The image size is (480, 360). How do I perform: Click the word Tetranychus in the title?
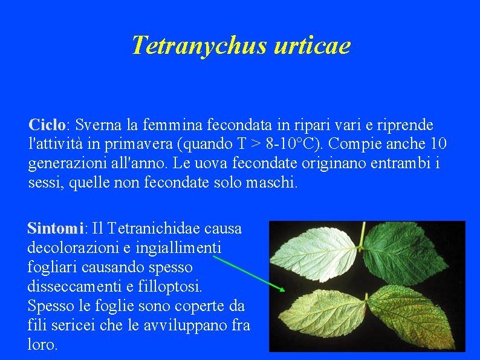[198, 45]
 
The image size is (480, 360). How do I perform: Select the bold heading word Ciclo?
[47, 125]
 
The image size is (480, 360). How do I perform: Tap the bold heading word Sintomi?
[55, 229]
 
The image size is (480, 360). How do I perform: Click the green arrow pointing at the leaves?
[248, 273]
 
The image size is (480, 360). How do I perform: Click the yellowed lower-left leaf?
[320, 315]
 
